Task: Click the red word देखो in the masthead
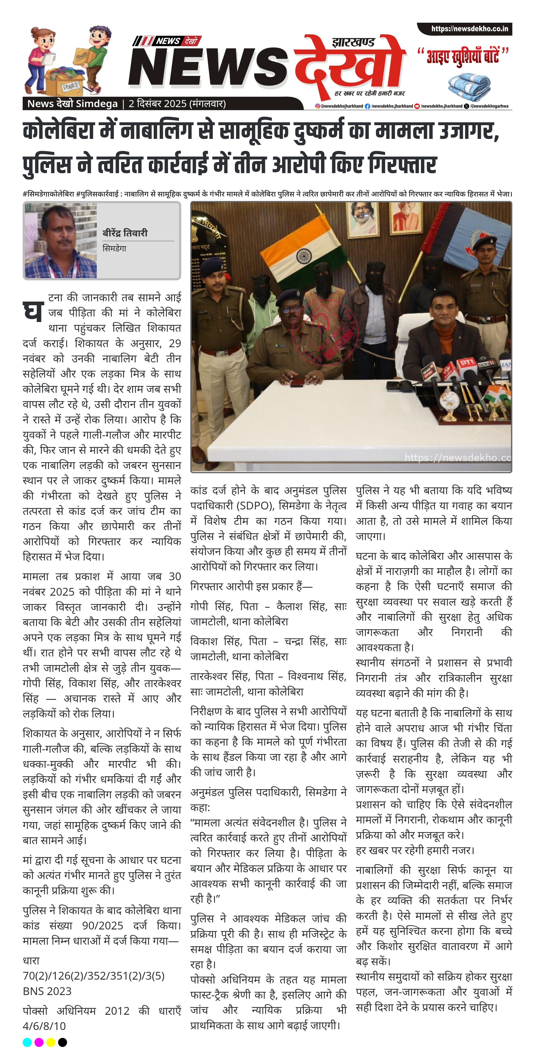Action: point(349,67)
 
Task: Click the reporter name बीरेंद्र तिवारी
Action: point(125,233)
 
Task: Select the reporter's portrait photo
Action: point(61,241)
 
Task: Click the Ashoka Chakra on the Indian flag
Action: point(304,256)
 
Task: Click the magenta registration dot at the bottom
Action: point(39,1042)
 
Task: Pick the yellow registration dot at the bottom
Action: point(51,1042)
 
